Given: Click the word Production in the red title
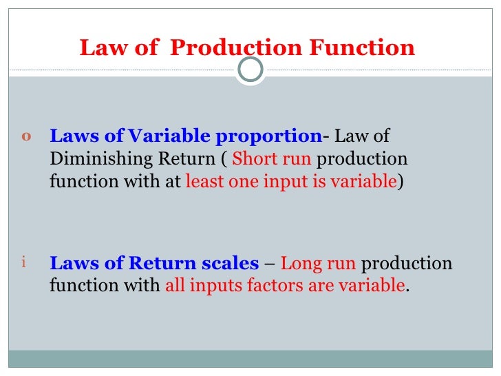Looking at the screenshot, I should [235, 48].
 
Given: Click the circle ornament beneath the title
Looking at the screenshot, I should [250, 70].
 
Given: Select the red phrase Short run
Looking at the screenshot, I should [272, 158].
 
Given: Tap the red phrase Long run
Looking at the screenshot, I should [318, 263].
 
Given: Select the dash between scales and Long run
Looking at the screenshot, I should [270, 264].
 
